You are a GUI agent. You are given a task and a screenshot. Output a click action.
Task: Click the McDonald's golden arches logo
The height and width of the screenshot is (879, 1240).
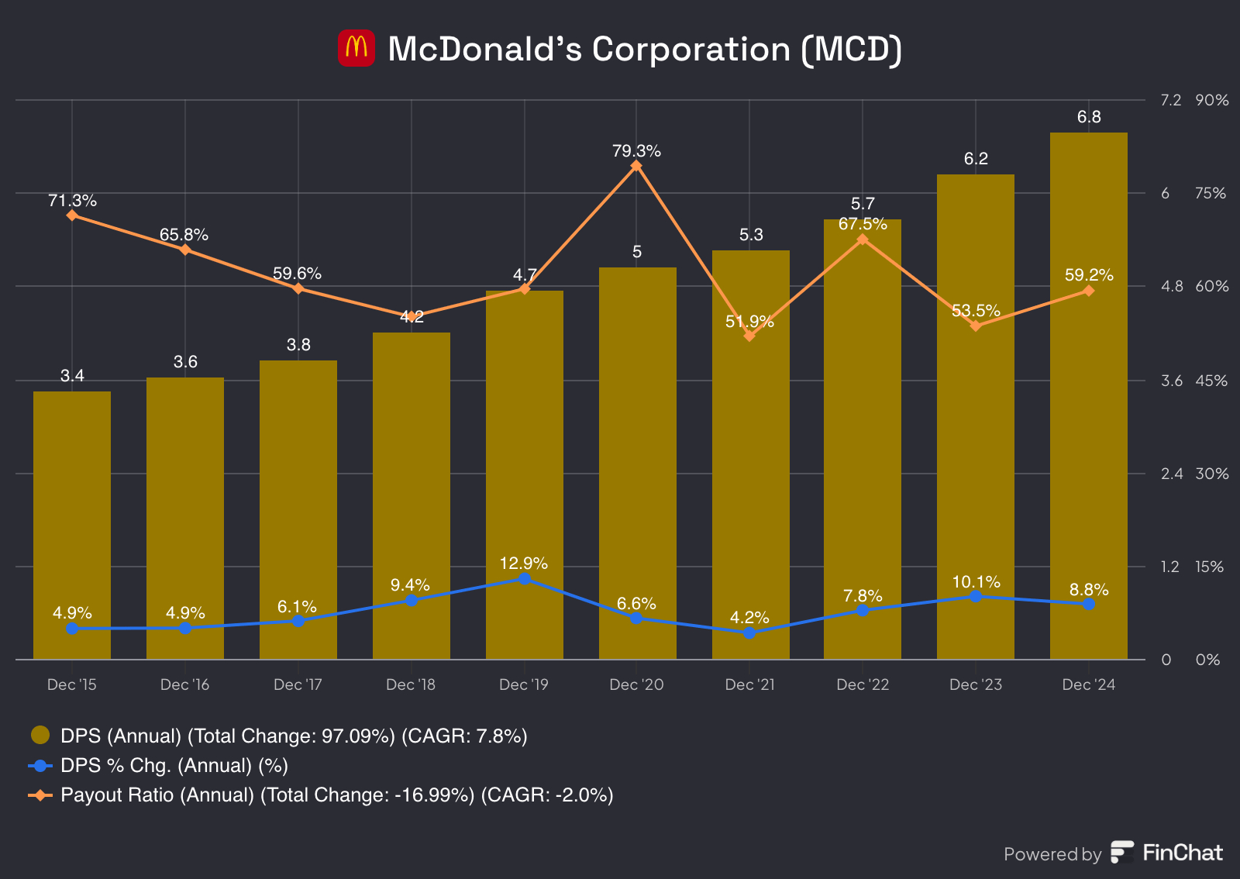(356, 48)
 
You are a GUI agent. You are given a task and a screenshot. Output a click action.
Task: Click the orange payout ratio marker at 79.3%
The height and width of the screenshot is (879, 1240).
(636, 166)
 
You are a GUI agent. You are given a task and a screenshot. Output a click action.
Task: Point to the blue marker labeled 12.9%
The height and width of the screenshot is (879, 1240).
(524, 578)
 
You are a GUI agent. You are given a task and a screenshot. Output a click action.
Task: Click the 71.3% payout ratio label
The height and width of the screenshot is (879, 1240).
(72, 201)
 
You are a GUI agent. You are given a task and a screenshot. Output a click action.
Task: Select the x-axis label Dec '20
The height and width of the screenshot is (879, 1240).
(636, 684)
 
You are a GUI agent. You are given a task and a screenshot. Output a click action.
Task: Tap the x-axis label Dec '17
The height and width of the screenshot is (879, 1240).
(298, 684)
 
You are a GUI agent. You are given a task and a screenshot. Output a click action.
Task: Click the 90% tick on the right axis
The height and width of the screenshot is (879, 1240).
(1211, 100)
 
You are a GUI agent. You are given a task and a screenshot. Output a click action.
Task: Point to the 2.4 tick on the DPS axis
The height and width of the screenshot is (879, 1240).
(1171, 474)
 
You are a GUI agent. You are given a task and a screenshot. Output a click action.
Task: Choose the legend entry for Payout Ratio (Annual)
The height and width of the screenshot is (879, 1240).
(336, 795)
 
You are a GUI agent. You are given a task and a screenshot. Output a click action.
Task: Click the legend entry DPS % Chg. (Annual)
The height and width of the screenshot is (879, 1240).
(174, 766)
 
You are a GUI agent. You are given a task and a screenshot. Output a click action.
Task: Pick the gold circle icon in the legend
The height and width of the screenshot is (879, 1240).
(40, 735)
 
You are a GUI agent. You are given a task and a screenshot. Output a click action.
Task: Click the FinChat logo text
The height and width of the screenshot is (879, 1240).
(1182, 853)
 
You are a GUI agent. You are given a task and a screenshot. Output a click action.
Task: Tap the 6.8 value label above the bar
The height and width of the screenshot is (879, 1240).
(1088, 117)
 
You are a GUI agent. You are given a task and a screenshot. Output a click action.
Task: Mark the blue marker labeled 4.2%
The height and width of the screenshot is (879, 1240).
(749, 633)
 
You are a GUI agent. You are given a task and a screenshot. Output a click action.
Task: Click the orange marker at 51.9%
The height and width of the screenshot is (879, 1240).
(749, 336)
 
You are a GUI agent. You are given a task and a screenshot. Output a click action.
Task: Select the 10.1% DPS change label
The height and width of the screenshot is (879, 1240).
(976, 582)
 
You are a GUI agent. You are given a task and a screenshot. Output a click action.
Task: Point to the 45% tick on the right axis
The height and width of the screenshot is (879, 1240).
(1211, 381)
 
